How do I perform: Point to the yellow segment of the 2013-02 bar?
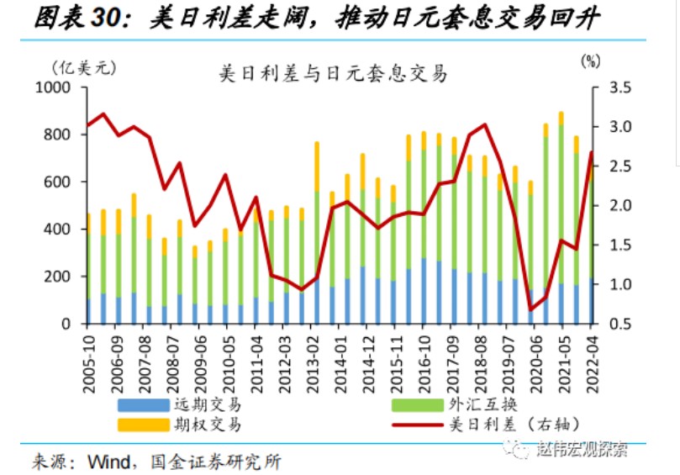click(x=317, y=166)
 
